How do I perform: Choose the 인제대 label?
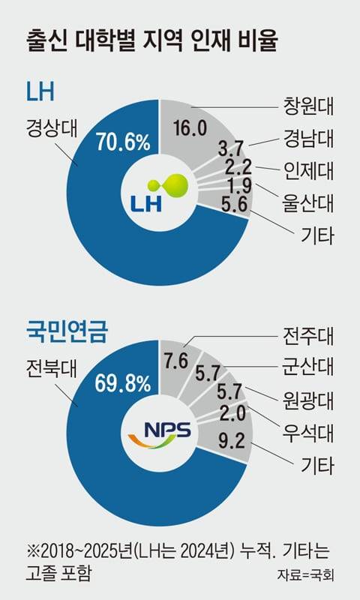(x=307, y=169)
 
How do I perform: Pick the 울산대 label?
(x=307, y=202)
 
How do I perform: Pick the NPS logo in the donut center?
(x=157, y=433)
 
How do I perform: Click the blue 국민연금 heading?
(x=61, y=327)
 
